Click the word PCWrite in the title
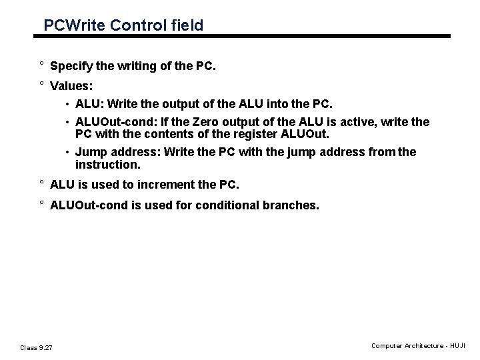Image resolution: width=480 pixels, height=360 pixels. point(71,25)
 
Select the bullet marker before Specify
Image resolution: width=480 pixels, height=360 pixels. point(41,66)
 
